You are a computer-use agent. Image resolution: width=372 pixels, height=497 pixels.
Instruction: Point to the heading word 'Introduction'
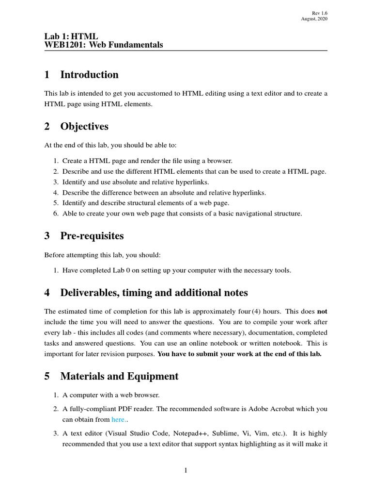click(89, 75)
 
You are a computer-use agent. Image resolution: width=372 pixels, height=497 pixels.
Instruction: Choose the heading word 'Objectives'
click(84, 127)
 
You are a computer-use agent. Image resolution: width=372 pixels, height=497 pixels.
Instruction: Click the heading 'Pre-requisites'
click(92, 236)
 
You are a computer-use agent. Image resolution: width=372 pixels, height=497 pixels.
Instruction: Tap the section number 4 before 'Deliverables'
click(47, 293)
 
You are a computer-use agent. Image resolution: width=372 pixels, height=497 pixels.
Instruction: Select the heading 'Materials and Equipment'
click(119, 376)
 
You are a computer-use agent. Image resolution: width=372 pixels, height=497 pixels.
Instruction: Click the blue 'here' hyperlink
click(118, 419)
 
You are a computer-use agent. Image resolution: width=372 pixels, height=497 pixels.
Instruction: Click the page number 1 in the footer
click(186, 470)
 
